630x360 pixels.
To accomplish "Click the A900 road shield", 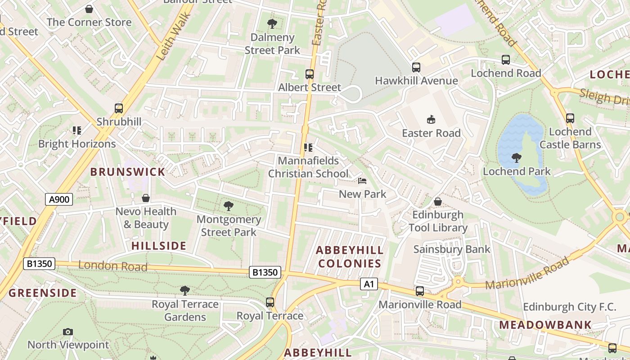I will [59, 199].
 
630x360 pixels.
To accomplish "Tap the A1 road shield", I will [369, 284].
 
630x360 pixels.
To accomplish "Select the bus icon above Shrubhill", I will [119, 108].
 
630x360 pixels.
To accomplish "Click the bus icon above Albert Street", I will [310, 74].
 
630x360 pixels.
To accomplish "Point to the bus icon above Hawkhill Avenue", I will [416, 67].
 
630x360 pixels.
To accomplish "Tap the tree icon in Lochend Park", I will [517, 158].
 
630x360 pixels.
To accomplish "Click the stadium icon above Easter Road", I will [431, 119].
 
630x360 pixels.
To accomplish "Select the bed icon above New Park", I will [362, 181].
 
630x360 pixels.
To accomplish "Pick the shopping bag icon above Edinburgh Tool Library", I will [438, 202].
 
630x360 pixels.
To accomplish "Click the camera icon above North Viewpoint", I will [68, 332].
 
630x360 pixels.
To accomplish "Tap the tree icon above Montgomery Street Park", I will [229, 206].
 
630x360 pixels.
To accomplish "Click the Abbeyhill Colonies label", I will [350, 257].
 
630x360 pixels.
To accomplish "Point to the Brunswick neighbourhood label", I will [128, 172].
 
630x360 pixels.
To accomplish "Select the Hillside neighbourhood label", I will [158, 246].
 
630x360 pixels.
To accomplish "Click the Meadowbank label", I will [545, 324].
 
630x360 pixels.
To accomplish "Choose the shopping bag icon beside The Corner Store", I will [89, 9].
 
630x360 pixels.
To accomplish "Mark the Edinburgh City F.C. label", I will [569, 307].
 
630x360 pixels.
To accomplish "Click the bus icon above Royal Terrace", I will [270, 302].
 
